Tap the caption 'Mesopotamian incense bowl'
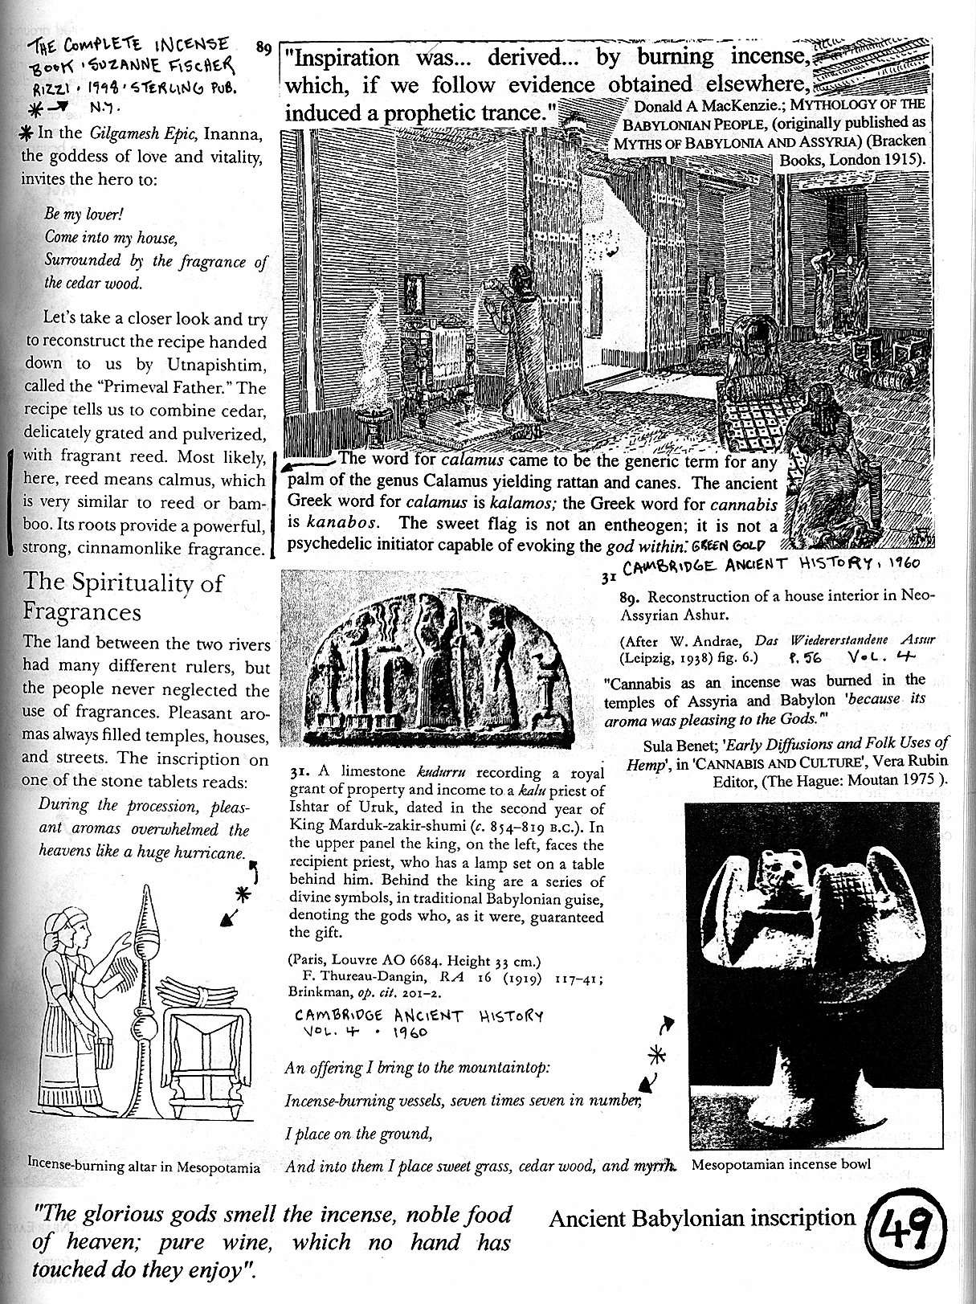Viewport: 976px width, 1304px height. coord(780,1163)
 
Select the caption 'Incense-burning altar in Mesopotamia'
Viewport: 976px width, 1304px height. coord(144,1167)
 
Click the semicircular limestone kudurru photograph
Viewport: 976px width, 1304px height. coord(441,667)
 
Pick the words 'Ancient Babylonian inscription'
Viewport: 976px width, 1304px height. coord(702,1218)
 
